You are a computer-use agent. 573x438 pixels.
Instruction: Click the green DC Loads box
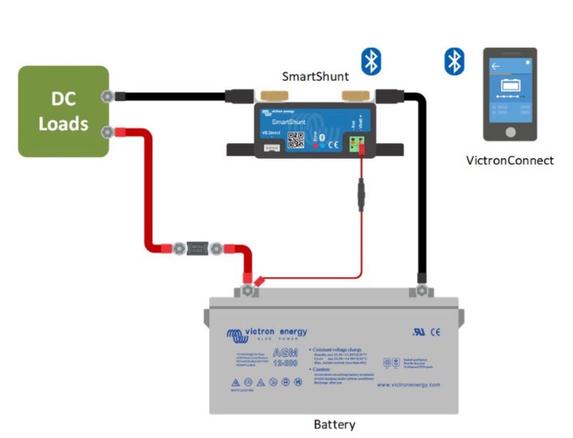click(63, 112)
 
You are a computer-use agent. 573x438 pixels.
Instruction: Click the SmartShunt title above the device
click(315, 76)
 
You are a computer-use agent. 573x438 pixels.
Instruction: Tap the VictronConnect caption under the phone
click(510, 160)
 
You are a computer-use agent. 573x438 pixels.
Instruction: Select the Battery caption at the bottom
click(334, 425)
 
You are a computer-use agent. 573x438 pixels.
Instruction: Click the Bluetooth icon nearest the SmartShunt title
click(371, 62)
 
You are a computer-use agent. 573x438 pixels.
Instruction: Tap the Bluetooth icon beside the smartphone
click(454, 62)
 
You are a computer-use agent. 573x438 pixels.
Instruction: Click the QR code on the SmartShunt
click(296, 139)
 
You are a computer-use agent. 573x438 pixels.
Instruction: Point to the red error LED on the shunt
click(315, 145)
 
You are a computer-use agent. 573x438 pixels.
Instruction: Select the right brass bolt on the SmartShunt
click(353, 96)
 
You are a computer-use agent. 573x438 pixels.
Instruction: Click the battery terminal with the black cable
click(421, 290)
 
